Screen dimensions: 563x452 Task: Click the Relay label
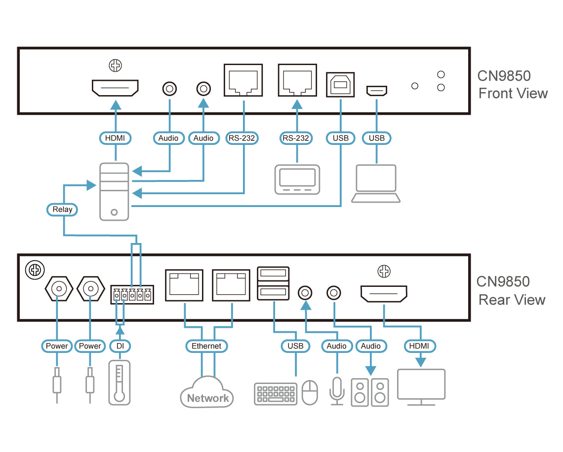point(62,209)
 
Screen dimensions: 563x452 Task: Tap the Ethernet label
point(206,346)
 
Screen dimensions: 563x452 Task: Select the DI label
point(120,346)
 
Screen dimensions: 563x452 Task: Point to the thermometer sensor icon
point(119,383)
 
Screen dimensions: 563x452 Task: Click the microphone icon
point(337,390)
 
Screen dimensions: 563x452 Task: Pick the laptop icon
point(375,183)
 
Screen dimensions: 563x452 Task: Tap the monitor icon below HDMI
point(421,387)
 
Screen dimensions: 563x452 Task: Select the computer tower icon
point(114,192)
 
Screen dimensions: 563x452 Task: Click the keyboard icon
point(276,394)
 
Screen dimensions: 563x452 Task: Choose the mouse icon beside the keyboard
point(310,392)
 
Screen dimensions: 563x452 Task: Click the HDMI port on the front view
point(115,88)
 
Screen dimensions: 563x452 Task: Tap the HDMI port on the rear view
point(384,294)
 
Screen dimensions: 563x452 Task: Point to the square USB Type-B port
point(340,85)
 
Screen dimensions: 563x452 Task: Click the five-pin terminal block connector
point(132,295)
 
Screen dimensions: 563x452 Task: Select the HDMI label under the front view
point(115,138)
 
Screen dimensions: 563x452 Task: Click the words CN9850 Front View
point(512,85)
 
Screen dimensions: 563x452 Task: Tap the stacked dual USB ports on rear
point(273,283)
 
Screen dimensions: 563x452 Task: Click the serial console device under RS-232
point(297,179)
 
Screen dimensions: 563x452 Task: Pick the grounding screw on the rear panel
point(35,270)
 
